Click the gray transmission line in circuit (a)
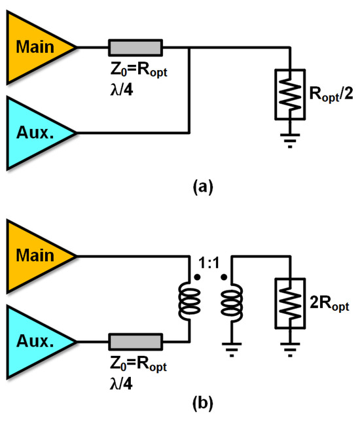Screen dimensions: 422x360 (135, 47)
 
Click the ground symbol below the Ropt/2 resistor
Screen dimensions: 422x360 (289, 140)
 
